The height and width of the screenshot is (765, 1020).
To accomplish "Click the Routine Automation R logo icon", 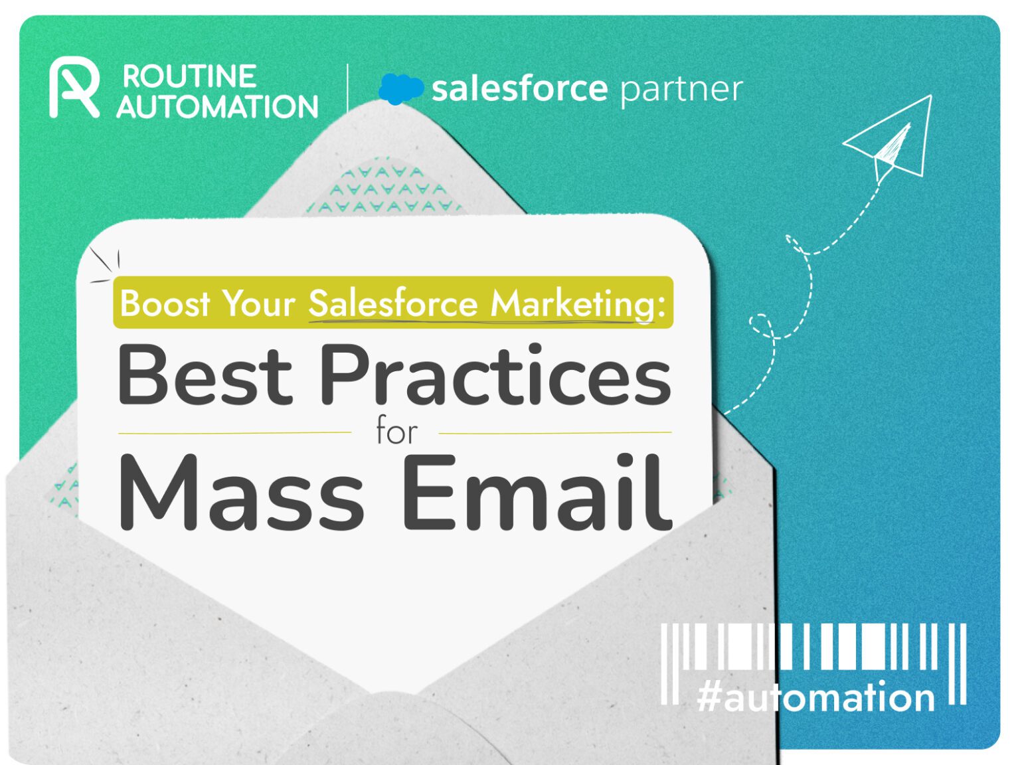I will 73,89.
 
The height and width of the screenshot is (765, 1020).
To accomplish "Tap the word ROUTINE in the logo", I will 189,76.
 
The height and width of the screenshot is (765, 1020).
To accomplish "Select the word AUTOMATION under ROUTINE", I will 217,107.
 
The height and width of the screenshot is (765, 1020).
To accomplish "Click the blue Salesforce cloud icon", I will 400,88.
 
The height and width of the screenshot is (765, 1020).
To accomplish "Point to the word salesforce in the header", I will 519,88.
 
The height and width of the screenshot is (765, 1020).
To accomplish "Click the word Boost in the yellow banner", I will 165,303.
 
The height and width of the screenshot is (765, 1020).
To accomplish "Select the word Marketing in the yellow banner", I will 578,303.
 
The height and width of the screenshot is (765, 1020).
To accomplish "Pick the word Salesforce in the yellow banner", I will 392,303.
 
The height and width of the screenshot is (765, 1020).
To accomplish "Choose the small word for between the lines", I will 396,432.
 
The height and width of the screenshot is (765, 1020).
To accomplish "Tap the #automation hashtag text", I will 815,697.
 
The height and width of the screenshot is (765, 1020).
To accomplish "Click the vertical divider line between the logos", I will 347,88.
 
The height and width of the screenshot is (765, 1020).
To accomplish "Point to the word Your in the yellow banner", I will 258,303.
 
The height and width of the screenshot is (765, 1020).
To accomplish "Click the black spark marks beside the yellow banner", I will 105,264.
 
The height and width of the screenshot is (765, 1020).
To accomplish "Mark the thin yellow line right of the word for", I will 555,433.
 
